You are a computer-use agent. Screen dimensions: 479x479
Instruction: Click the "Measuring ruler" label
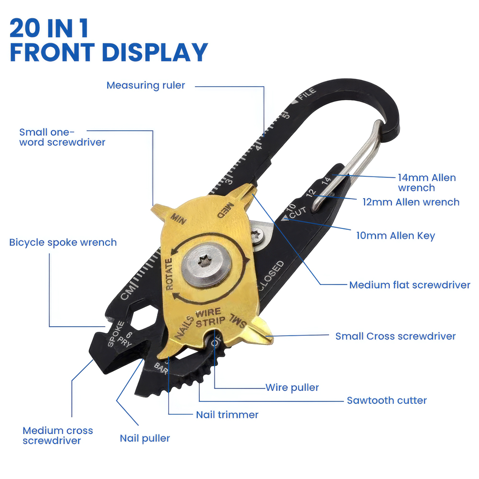[x=146, y=86]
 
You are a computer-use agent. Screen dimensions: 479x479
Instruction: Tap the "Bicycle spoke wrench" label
[x=63, y=242]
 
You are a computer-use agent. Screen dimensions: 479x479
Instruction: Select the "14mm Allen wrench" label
[x=426, y=182]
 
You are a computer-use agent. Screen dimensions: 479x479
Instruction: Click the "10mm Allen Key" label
[x=396, y=235]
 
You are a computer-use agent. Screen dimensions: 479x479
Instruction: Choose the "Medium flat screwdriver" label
[x=410, y=285]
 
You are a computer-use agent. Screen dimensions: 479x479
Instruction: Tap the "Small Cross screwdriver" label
[x=395, y=336]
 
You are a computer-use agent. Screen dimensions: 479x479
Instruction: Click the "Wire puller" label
[x=292, y=387]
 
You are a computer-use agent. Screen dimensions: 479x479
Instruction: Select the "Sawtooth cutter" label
[x=387, y=400]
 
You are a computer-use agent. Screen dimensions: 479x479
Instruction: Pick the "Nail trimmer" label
[x=227, y=414]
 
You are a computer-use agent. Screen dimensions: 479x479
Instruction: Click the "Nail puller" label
[x=145, y=438]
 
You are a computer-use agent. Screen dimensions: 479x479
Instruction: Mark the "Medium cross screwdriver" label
[x=57, y=435]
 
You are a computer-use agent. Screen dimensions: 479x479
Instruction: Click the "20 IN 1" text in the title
[x=49, y=29]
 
